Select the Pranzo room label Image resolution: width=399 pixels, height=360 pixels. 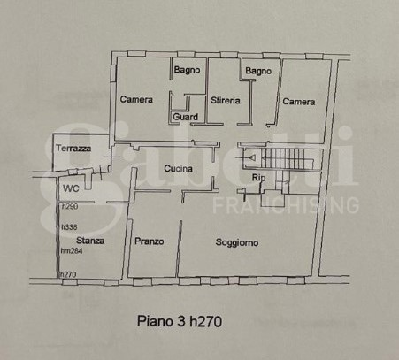click(149, 241)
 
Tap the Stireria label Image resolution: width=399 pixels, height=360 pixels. click(226, 101)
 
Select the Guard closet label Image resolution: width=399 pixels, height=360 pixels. click(185, 116)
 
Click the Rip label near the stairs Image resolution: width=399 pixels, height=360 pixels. click(258, 179)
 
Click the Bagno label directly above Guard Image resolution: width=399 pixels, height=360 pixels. click(187, 70)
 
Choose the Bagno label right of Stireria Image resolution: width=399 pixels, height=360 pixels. click(257, 70)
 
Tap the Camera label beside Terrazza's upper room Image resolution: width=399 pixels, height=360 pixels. click(136, 100)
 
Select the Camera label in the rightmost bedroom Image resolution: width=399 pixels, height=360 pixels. click(299, 102)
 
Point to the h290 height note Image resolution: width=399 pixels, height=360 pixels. click(70, 206)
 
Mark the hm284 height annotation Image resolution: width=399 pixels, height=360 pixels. click(72, 250)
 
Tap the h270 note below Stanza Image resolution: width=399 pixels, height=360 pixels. click(68, 274)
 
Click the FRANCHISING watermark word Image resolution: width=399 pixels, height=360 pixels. click(286, 206)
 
